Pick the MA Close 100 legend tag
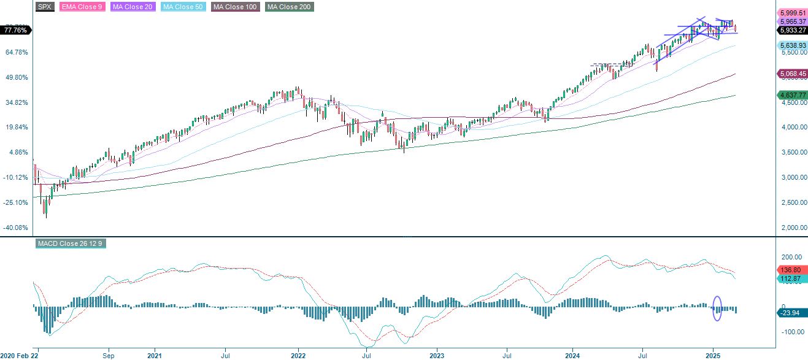coord(235,7)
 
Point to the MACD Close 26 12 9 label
coord(71,243)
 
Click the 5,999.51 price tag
coord(791,13)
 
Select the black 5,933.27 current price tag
coord(791,29)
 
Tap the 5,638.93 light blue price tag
coord(791,45)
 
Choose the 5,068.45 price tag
coord(791,74)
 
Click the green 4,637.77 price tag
coord(791,95)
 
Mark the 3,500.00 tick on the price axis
coord(794,153)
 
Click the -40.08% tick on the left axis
coord(16,228)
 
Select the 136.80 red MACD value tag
coord(791,270)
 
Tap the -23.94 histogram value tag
coord(791,313)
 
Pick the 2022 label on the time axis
coord(298,355)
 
